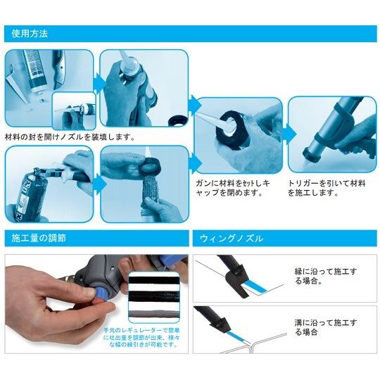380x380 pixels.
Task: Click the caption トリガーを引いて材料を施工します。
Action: [327, 187]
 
